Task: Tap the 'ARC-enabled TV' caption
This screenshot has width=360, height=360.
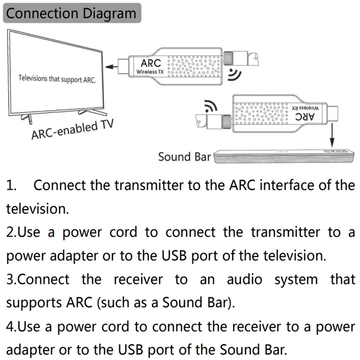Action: pos(71,129)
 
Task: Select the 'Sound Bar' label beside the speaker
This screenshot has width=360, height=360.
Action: pos(184,157)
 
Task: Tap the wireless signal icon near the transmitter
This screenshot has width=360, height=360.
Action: pos(234,76)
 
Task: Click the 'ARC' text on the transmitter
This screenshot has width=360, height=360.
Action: pos(151,63)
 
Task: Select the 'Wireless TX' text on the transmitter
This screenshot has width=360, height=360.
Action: pos(150,72)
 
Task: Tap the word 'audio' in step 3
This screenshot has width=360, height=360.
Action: pos(243,279)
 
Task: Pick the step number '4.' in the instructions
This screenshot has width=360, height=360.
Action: pos(12,326)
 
